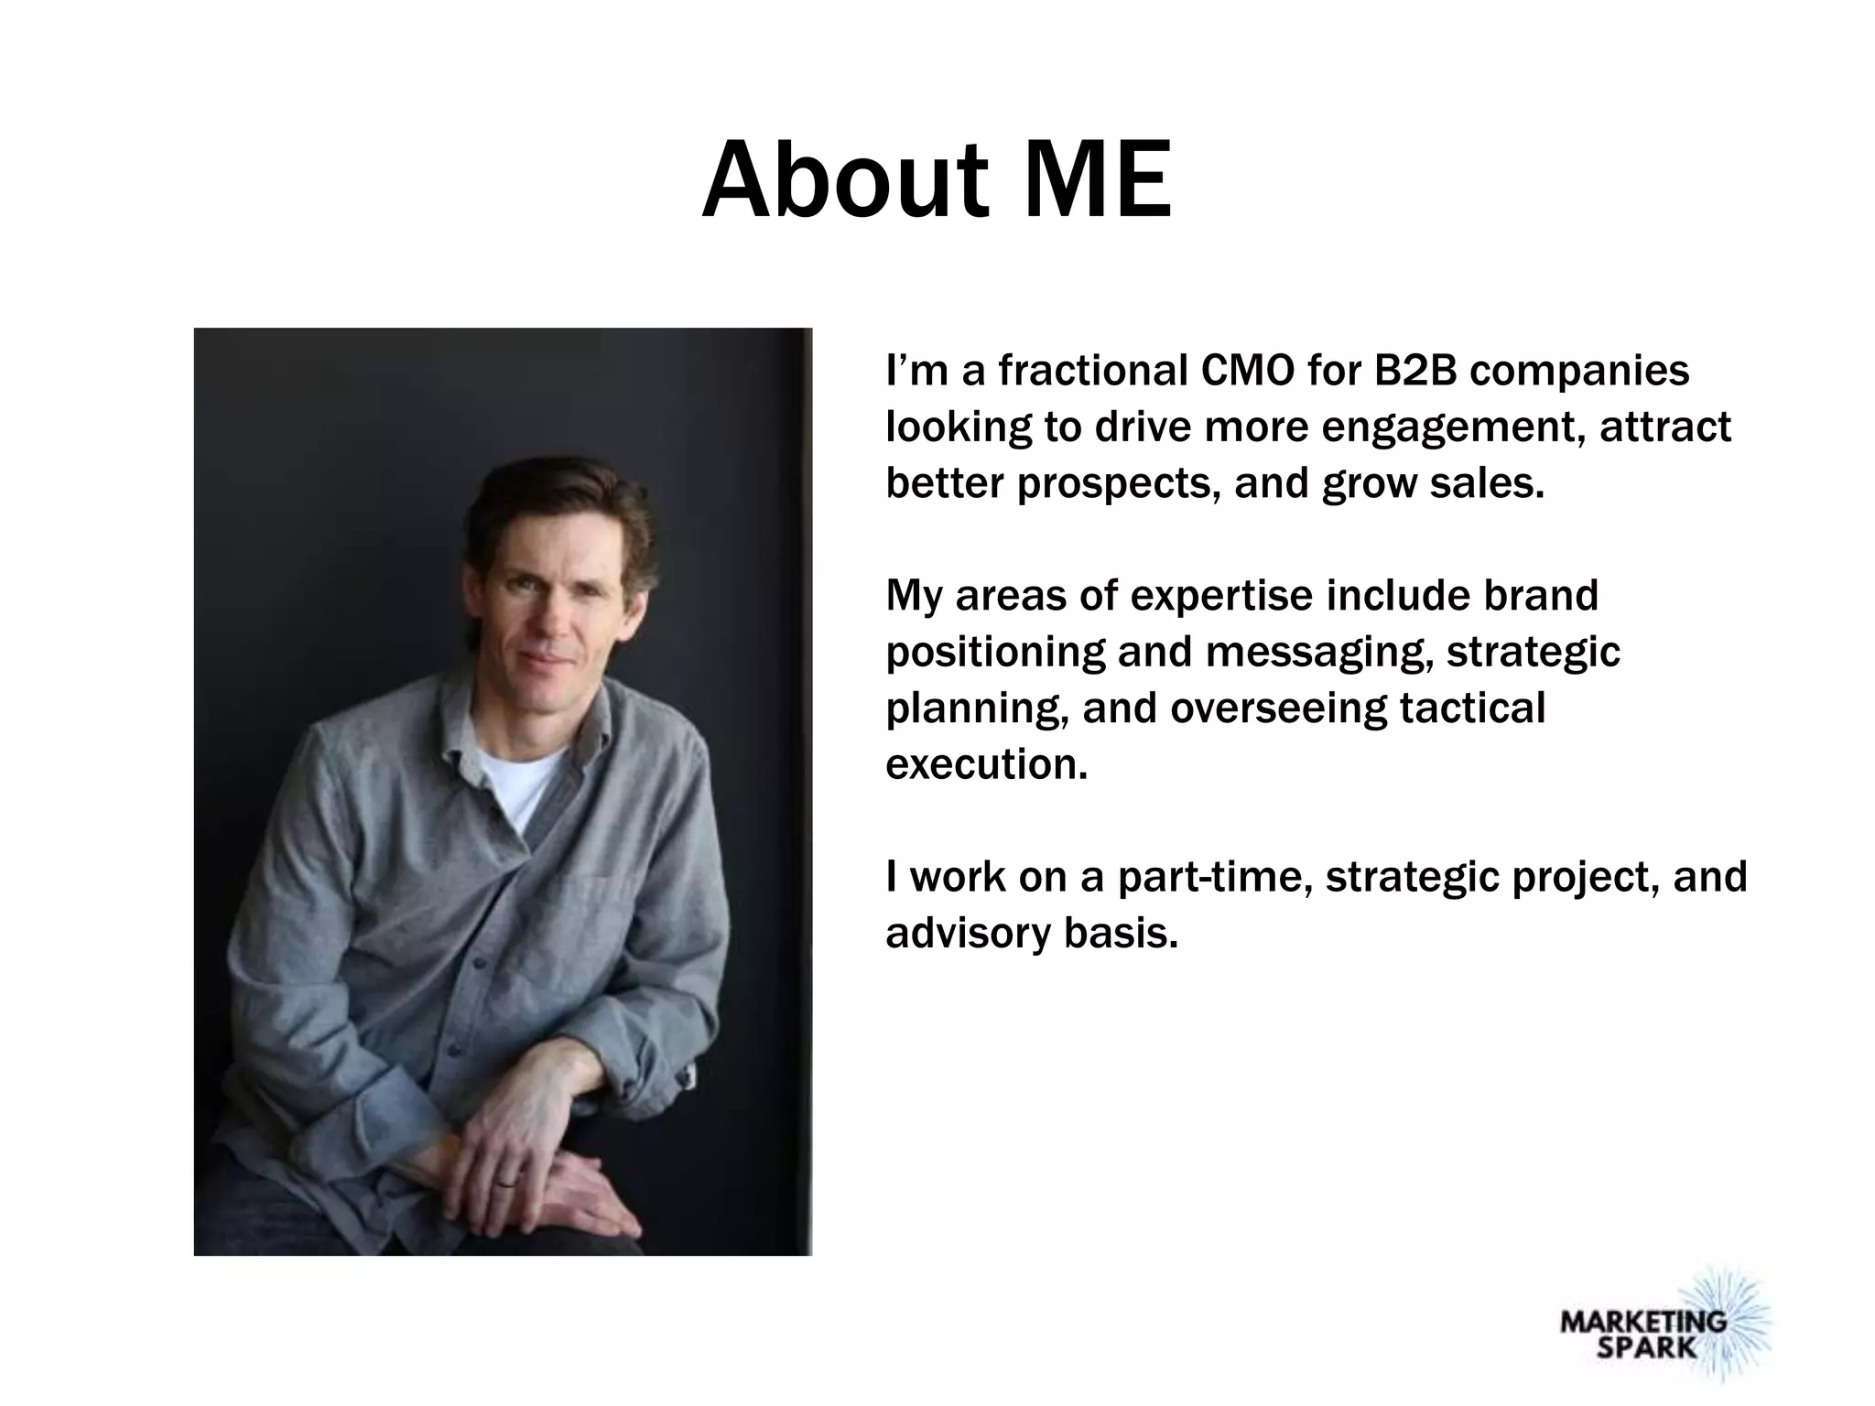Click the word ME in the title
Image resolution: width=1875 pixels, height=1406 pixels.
point(1098,180)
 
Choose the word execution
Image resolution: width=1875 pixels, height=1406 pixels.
point(986,764)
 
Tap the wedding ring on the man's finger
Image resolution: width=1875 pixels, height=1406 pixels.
point(505,1183)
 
